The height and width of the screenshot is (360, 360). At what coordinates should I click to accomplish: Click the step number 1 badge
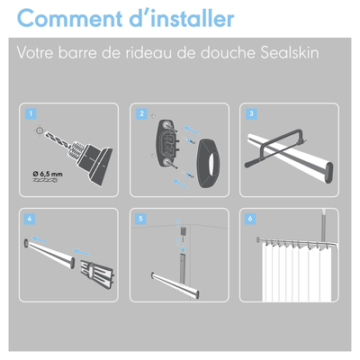[32, 114]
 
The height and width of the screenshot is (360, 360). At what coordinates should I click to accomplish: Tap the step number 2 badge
[142, 114]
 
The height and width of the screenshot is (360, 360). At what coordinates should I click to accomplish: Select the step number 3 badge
[252, 114]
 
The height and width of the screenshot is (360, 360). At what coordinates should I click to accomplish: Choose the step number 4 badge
[32, 219]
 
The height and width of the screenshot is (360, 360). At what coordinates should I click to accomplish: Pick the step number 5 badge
[142, 219]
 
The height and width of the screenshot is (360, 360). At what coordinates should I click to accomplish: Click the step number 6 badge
[252, 219]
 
